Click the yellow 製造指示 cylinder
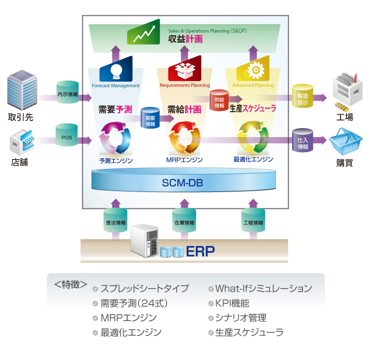tap(302, 96)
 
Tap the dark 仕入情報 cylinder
tap(302, 139)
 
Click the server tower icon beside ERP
tap(145, 240)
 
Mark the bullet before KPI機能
tap(211, 304)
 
